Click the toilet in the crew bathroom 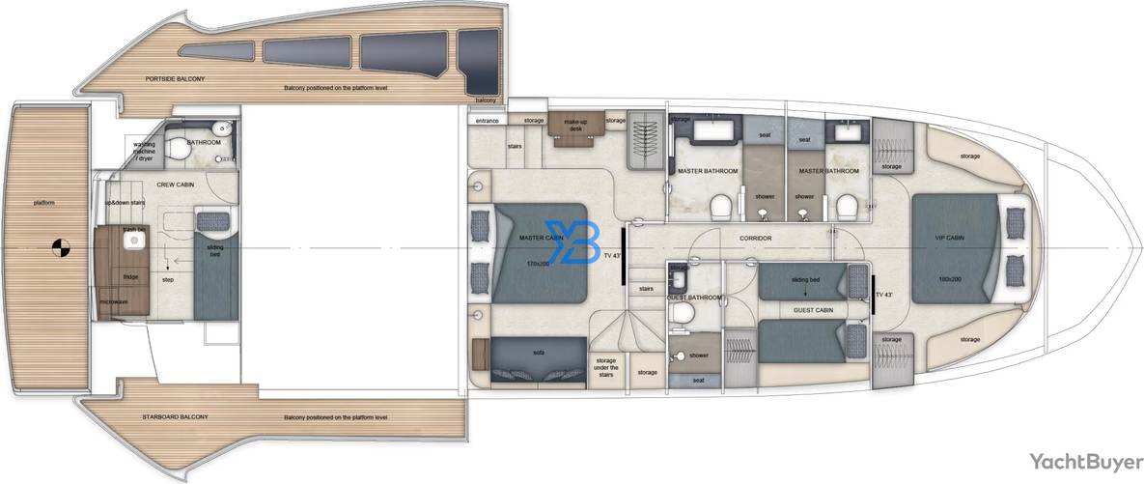(179, 149)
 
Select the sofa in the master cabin (538, 354)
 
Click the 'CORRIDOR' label (755, 237)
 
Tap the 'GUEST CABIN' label (813, 310)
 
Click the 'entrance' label (487, 121)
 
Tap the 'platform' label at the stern (41, 203)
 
